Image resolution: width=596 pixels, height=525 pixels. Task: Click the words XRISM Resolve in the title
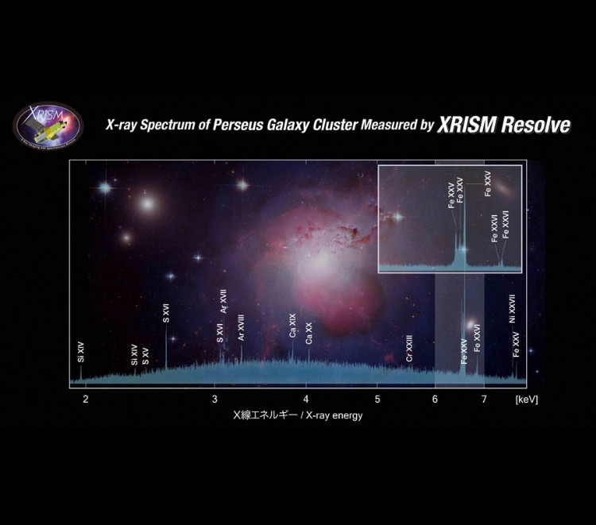click(504, 125)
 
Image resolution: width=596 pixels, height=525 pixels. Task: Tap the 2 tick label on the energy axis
click(85, 399)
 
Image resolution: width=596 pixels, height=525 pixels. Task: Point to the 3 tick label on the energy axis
click(215, 399)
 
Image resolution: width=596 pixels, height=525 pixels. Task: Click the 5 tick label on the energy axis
click(377, 399)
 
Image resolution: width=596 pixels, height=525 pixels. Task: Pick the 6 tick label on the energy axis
click(435, 399)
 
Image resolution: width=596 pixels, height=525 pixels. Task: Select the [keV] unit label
click(526, 399)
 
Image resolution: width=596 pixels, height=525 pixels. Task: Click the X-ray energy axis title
click(297, 415)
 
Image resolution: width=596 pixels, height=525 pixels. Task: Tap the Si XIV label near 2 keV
click(80, 352)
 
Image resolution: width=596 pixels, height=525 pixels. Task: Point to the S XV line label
click(145, 357)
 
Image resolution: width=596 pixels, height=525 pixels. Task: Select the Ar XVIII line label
click(241, 328)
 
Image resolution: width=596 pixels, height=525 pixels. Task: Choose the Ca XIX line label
click(292, 327)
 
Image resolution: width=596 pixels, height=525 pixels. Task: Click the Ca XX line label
click(309, 333)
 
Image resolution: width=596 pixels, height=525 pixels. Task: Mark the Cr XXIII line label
click(409, 348)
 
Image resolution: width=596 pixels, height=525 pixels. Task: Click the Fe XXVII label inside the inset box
click(505, 223)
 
